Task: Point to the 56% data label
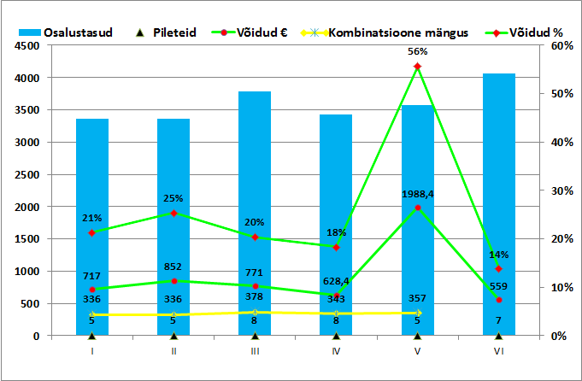[x=417, y=51]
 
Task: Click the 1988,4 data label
[x=417, y=194]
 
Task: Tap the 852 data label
[x=173, y=267]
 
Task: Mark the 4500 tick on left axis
[x=25, y=45]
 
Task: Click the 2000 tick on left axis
[x=25, y=207]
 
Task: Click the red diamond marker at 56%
[x=417, y=66]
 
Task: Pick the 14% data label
[x=498, y=255]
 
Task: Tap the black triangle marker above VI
[x=498, y=336]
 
